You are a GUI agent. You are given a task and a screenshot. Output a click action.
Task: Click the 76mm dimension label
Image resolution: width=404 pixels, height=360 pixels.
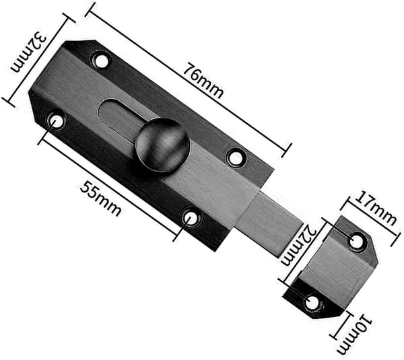click(203, 80)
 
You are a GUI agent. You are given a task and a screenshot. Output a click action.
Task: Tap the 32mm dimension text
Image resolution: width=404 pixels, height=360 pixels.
click(28, 52)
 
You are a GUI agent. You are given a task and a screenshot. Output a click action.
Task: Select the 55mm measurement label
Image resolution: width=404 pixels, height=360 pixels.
click(100, 199)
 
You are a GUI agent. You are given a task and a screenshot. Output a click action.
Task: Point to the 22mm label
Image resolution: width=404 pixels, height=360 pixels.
click(298, 245)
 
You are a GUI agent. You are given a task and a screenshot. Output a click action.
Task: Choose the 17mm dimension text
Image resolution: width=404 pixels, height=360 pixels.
click(376, 208)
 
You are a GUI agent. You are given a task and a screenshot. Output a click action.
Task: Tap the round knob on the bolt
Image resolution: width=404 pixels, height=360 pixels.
click(163, 145)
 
